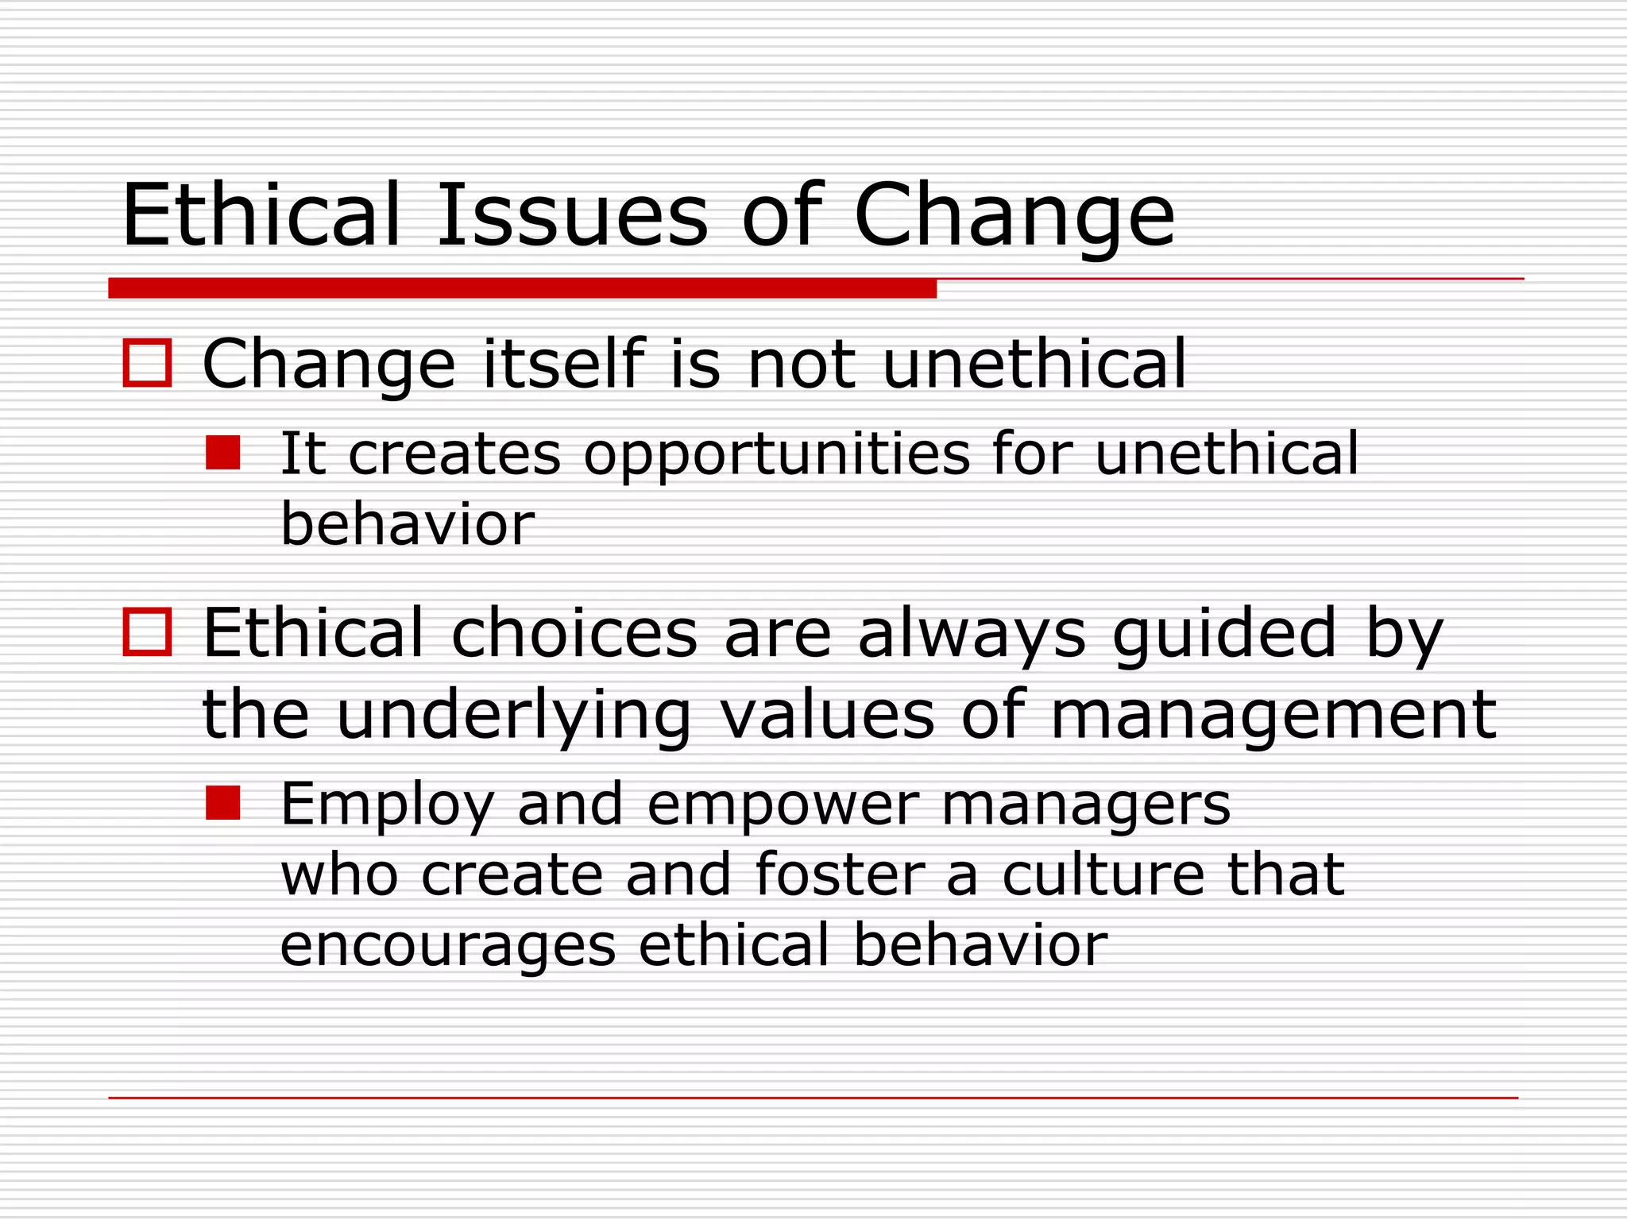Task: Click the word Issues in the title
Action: coord(572,215)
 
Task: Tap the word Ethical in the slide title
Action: coord(261,215)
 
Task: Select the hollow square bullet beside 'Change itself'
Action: coord(148,363)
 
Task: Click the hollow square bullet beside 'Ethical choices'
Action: coord(148,632)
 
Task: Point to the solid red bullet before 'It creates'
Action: coord(222,453)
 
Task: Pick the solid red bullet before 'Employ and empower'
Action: coord(222,803)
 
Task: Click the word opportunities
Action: coord(777,455)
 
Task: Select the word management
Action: coord(1273,715)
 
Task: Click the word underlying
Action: coord(514,715)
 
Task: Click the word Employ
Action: coord(388,805)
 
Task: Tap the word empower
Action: coord(783,805)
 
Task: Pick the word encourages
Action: coord(448,945)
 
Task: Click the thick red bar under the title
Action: coord(522,288)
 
